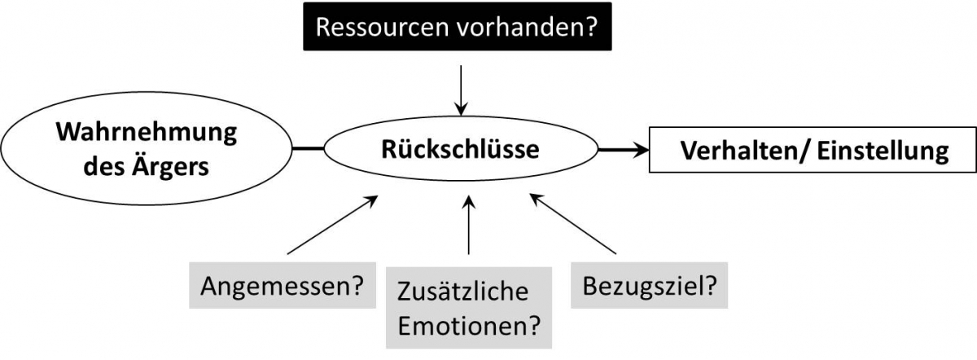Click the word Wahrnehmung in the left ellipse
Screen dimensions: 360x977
147,132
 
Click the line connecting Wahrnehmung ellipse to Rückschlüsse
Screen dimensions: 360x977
309,149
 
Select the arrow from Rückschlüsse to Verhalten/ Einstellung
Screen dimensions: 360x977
623,149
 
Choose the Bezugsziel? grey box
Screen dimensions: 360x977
649,287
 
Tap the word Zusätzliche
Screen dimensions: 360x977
462,292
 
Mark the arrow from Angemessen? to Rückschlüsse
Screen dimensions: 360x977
332,224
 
